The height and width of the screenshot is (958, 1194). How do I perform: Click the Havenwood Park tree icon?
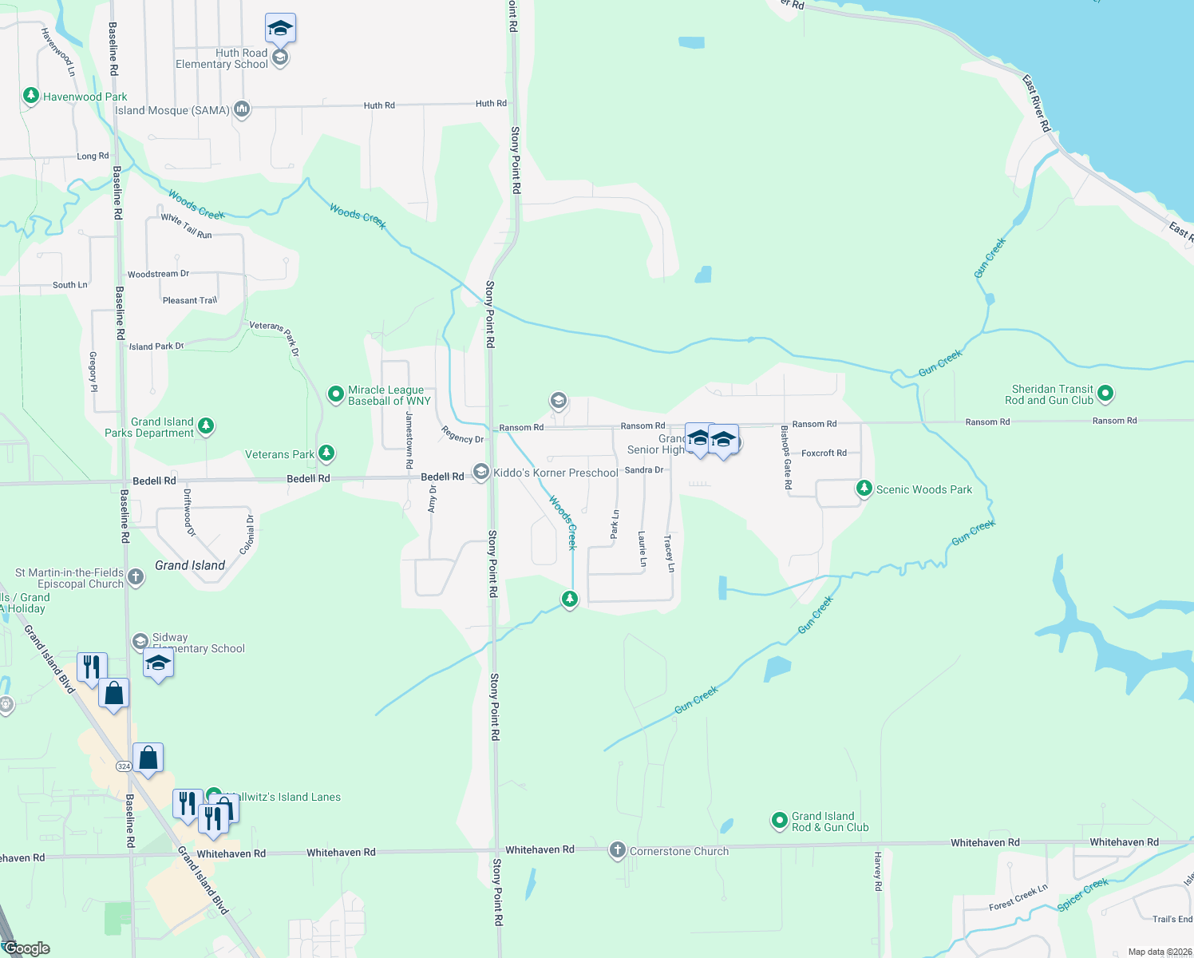point(31,97)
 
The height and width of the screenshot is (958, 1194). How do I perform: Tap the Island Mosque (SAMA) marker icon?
point(242,109)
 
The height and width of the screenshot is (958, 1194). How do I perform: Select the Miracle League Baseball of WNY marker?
point(336,394)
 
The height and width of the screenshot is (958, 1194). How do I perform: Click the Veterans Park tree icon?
point(326,453)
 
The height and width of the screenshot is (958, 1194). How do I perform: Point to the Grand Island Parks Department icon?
point(206,426)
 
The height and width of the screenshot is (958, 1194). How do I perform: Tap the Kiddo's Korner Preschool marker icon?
point(480,473)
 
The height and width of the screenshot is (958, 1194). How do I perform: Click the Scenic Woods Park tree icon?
point(864,488)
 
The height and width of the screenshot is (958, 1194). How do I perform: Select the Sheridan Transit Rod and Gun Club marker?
point(1105,393)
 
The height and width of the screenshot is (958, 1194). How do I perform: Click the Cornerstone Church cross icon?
point(617,850)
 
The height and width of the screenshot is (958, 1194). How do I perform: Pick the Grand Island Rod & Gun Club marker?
point(779,821)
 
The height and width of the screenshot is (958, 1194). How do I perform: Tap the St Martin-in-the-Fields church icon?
point(136,577)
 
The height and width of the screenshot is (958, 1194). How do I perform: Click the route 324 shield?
point(124,766)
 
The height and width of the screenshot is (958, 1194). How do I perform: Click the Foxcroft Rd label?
point(824,453)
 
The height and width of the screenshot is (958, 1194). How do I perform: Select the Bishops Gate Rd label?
point(787,457)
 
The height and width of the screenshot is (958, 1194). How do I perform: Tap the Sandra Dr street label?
point(644,470)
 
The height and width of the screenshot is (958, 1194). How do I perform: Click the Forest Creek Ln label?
point(1018,898)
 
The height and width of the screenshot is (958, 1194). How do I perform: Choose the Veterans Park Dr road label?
point(274,338)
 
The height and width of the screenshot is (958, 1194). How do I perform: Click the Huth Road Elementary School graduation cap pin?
point(280,30)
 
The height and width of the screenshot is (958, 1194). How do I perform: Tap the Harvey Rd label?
point(878,871)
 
